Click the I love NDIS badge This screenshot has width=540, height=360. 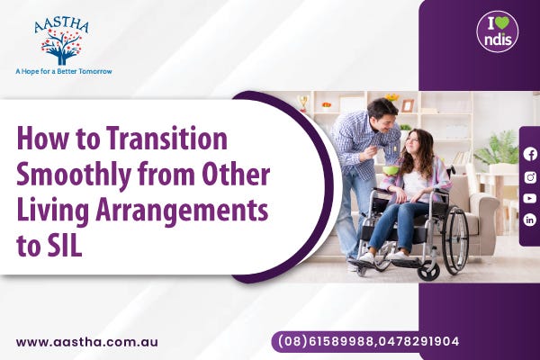(x=497, y=31)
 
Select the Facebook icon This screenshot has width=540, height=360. (x=530, y=154)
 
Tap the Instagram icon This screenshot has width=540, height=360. (x=530, y=175)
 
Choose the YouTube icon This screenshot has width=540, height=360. (x=530, y=198)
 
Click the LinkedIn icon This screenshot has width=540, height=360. (x=530, y=220)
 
